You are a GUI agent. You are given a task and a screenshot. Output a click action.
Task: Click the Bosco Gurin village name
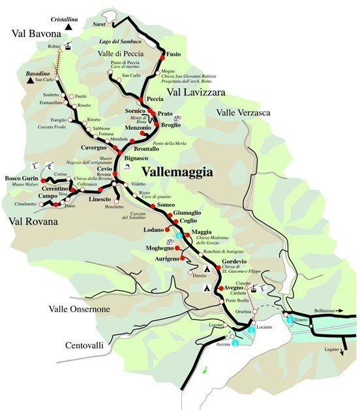click(x=22, y=178)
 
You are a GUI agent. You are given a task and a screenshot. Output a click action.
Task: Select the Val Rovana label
click(x=31, y=221)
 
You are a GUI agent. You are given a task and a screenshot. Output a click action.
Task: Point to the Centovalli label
click(x=84, y=345)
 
